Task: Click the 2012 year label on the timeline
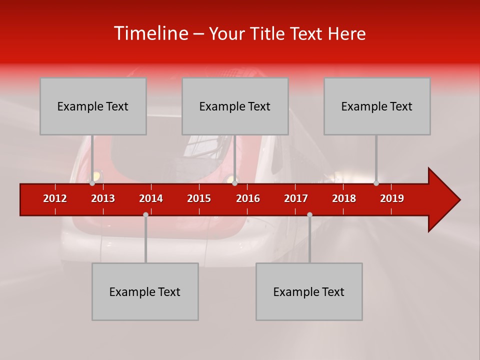click(x=55, y=198)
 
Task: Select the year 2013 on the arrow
click(x=103, y=198)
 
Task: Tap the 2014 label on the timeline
click(x=151, y=198)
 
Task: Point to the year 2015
click(x=199, y=198)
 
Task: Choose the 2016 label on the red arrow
click(x=248, y=198)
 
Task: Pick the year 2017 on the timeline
click(x=296, y=198)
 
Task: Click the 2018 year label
click(x=344, y=198)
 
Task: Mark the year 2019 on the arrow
click(x=392, y=198)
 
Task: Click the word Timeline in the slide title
click(x=150, y=33)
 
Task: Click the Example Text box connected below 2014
click(x=145, y=291)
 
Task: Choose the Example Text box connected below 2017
click(x=309, y=291)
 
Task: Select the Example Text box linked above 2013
click(x=93, y=106)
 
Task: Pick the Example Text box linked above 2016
click(x=235, y=106)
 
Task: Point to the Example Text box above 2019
click(x=377, y=106)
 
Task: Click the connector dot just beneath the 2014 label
click(x=145, y=214)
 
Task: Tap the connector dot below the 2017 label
click(x=309, y=214)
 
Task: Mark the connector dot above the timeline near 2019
click(x=376, y=183)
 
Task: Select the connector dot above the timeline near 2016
click(x=234, y=183)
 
